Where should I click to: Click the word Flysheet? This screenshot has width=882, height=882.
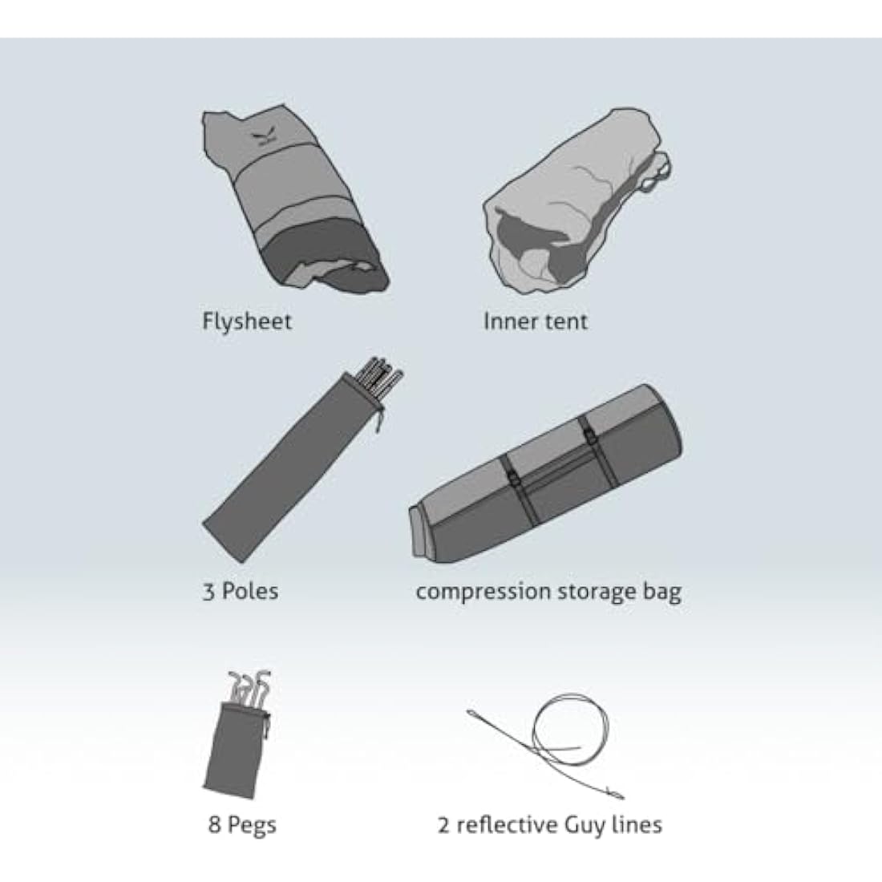(x=247, y=322)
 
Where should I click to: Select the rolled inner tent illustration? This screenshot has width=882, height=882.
(x=577, y=200)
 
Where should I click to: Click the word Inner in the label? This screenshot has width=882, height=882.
(x=504, y=322)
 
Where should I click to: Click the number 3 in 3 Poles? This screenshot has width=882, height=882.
(x=208, y=592)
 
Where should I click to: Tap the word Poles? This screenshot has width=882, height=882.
(x=249, y=591)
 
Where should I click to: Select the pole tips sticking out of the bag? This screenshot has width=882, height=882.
(x=382, y=376)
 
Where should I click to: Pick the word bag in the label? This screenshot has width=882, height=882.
(x=662, y=592)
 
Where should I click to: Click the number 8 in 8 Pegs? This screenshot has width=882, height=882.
(x=214, y=824)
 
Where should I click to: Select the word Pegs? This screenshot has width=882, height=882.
(x=252, y=826)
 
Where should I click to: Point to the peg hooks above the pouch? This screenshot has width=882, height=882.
(x=249, y=687)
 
